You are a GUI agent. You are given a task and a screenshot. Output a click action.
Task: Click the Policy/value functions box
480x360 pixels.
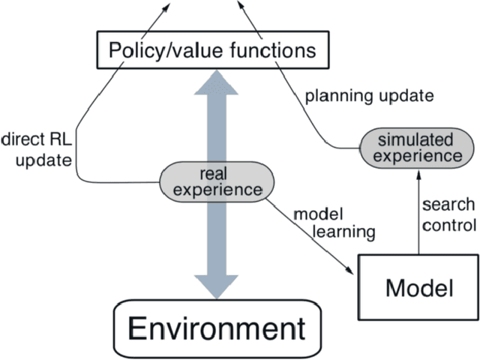click(x=212, y=50)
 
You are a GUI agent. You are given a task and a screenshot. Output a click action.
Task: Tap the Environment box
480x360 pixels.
click(x=211, y=328)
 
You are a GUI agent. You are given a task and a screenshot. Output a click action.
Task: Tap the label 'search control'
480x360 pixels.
click(x=448, y=215)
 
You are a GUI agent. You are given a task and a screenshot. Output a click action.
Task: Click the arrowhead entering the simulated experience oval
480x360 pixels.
click(x=416, y=172)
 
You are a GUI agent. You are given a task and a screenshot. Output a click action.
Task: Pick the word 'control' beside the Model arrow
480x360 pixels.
click(x=448, y=224)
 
